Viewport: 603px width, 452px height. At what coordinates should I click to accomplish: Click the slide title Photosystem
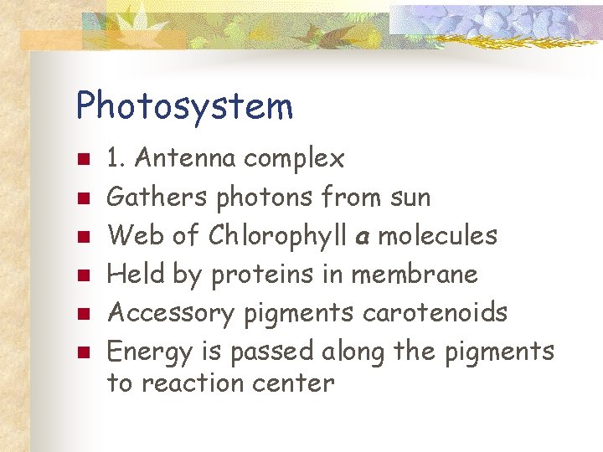click(184, 107)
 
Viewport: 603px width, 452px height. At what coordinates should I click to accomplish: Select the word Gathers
click(157, 198)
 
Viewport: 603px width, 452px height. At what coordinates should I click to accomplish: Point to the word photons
click(264, 198)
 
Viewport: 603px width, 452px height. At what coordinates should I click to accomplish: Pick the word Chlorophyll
click(278, 236)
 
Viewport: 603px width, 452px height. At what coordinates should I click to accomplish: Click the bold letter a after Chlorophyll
click(363, 238)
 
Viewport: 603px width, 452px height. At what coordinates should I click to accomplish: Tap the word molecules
click(437, 235)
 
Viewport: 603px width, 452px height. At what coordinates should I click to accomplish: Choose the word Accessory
click(173, 313)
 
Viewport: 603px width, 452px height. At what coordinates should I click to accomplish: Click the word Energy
click(150, 352)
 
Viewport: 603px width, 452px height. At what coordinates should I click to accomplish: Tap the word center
click(297, 383)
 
